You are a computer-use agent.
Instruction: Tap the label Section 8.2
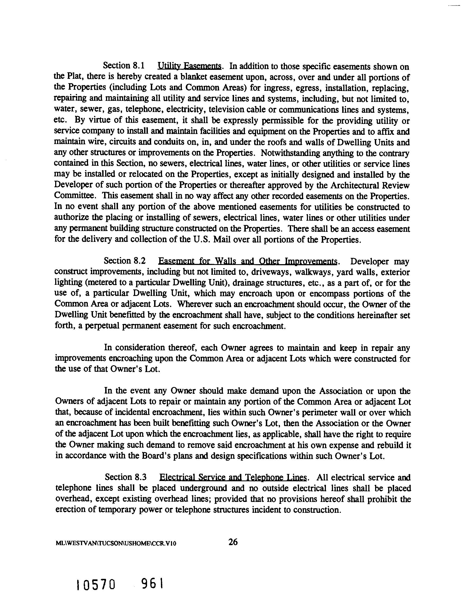point(124,260)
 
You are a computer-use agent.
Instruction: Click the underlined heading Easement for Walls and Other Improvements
point(248,261)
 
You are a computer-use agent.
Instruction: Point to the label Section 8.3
point(126,477)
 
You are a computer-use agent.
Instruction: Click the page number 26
point(233,542)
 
